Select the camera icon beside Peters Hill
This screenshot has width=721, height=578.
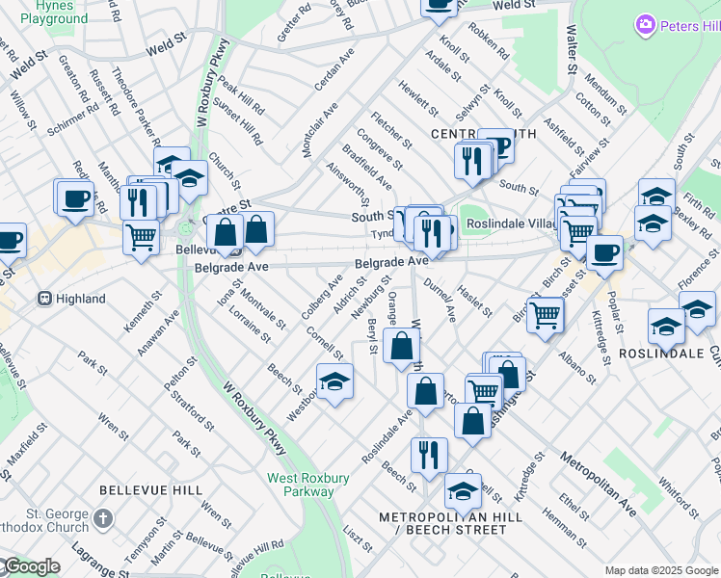coord(645,24)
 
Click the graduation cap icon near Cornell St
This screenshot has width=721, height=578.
coord(334,380)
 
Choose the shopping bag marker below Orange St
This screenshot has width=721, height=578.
coord(401,345)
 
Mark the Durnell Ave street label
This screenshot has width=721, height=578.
coord(440,299)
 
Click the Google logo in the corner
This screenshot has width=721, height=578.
coord(31,566)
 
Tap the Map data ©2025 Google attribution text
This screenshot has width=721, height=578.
coord(661,570)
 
